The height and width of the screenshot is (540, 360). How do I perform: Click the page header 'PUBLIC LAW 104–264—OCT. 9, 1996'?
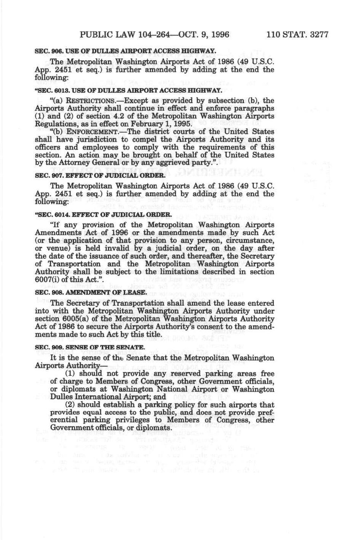pos(154,35)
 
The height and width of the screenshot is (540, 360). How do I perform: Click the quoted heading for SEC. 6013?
pos(128,91)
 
